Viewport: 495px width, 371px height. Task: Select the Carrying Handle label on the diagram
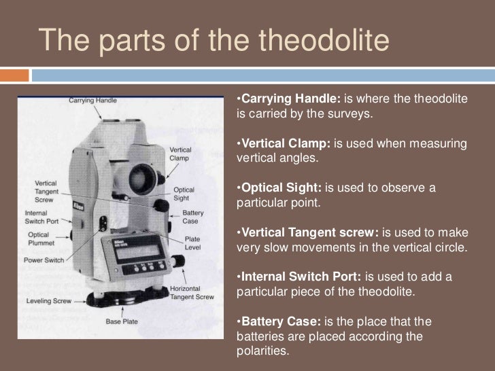tap(92, 101)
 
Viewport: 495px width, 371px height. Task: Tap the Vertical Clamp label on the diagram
tap(180, 153)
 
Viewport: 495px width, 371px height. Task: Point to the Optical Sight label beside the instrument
tap(184, 194)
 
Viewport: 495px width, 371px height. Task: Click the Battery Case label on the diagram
tap(193, 217)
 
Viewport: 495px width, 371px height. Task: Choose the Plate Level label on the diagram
tap(193, 243)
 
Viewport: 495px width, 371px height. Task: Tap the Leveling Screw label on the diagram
tap(50, 300)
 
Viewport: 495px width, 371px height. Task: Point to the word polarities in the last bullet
tap(260, 352)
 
